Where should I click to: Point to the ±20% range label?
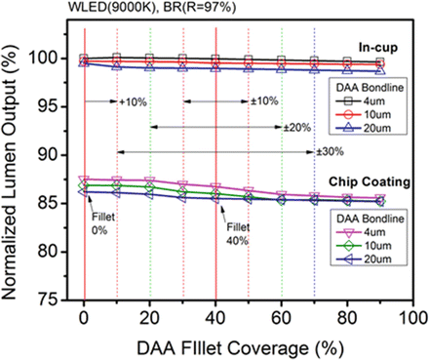pos(297,127)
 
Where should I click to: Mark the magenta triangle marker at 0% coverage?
pos(84,180)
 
